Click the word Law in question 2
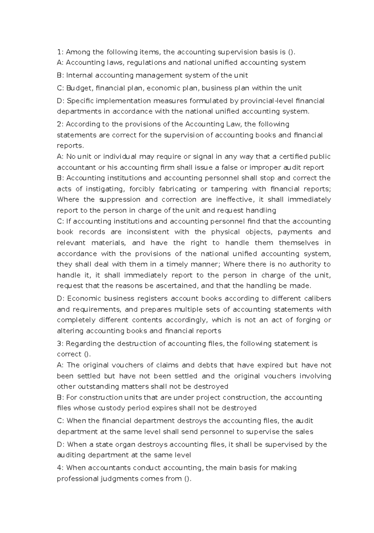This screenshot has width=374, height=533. tap(233, 124)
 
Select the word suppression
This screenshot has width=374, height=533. tap(120, 200)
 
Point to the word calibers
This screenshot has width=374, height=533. tap(317, 299)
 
